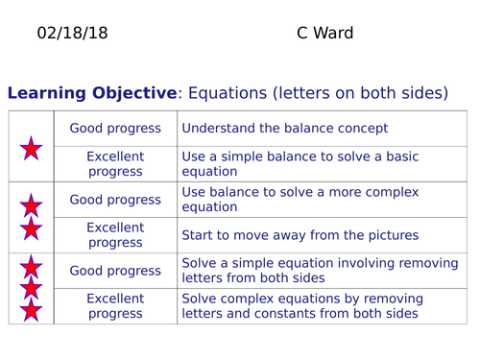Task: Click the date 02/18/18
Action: click(72, 34)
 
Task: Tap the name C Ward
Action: click(324, 34)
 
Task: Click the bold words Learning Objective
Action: click(92, 93)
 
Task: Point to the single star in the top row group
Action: click(32, 148)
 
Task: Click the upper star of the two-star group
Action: click(32, 204)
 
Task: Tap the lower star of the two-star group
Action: click(32, 228)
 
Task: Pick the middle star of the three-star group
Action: click(32, 288)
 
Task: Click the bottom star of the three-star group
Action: click(32, 309)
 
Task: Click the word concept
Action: click(359, 129)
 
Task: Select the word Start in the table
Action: click(200, 234)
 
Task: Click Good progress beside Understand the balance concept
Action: click(115, 129)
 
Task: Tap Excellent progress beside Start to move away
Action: click(115, 235)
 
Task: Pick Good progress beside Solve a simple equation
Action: click(115, 271)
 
